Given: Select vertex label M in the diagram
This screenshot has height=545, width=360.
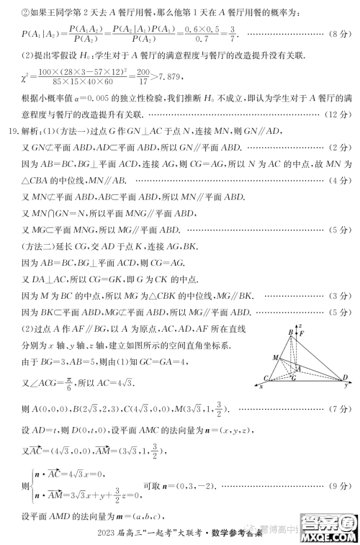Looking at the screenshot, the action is pyautogui.click(x=275, y=357).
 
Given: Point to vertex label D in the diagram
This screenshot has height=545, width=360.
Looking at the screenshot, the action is pyautogui.click(x=346, y=377).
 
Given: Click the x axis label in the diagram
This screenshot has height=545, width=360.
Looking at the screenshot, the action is pyautogui.click(x=260, y=387).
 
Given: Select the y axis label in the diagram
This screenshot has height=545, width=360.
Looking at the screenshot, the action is pyautogui.click(x=346, y=386).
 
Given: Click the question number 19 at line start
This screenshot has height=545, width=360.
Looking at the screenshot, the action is pyautogui.click(x=13, y=132).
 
